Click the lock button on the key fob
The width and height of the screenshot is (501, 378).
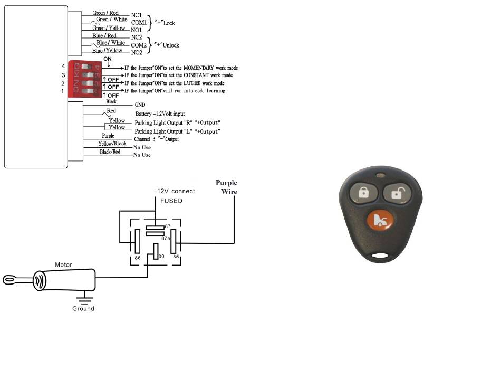pyautogui.click(x=364, y=193)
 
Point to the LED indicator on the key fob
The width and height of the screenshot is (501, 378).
pyautogui.click(x=380, y=175)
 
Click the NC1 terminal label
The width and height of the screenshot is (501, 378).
pyautogui.click(x=136, y=15)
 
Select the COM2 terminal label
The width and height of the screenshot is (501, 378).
pyautogui.click(x=139, y=45)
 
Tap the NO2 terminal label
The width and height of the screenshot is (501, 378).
pyautogui.click(x=137, y=52)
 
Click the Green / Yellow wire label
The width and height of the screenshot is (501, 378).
pyautogui.click(x=109, y=28)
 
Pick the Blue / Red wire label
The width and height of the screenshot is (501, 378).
pyautogui.click(x=104, y=35)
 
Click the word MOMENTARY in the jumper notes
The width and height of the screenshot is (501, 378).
pyautogui.click(x=198, y=68)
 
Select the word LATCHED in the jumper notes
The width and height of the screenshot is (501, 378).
pyautogui.click(x=192, y=83)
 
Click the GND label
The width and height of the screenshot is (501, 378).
pyautogui.click(x=140, y=105)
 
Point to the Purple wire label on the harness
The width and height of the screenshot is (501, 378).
pyautogui.click(x=108, y=136)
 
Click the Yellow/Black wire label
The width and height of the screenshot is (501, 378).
pyautogui.click(x=112, y=143)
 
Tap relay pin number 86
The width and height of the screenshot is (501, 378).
pyautogui.click(x=138, y=258)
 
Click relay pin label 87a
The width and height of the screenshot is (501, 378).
pyautogui.click(x=166, y=238)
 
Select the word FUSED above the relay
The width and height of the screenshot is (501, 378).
pyautogui.click(x=171, y=201)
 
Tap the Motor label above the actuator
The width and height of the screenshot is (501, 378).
pyautogui.click(x=63, y=264)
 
